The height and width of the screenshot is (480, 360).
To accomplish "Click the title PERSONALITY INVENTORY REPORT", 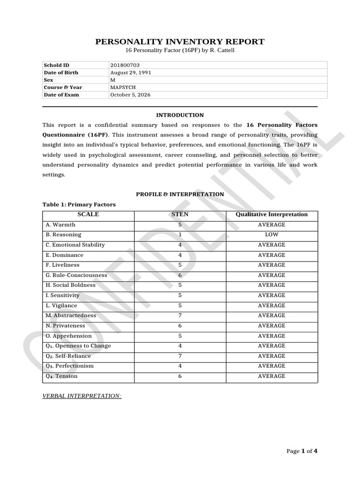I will click(x=180, y=42).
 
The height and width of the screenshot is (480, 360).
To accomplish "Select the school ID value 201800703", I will click(x=125, y=65).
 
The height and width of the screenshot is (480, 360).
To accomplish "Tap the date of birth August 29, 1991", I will click(x=130, y=73).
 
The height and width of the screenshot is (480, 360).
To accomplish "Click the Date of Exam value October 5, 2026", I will click(x=130, y=95).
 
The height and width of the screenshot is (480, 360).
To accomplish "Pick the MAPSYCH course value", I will click(x=124, y=87).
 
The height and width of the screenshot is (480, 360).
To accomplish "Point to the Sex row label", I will click(x=48, y=80).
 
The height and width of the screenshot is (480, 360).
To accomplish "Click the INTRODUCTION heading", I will click(x=180, y=115).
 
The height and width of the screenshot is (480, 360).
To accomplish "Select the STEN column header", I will click(x=180, y=215).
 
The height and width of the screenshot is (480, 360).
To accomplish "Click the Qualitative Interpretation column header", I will click(x=271, y=215).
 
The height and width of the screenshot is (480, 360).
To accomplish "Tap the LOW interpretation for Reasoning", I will click(x=271, y=235).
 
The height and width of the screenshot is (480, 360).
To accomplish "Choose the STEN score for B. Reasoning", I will click(x=180, y=235).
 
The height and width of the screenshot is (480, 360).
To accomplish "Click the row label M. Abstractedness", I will click(x=68, y=315).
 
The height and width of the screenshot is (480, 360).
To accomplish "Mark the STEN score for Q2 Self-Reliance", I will click(x=180, y=356).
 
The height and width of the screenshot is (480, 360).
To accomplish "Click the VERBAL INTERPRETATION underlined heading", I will click(x=82, y=396).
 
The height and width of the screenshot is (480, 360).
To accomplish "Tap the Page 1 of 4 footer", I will click(x=302, y=451).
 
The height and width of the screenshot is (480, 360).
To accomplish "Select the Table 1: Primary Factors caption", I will click(x=79, y=204).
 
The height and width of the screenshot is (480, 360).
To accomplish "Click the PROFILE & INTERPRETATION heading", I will click(x=180, y=194).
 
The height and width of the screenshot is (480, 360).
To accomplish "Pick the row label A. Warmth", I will click(x=60, y=225).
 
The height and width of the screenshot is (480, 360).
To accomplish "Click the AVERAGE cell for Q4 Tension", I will click(x=271, y=376).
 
